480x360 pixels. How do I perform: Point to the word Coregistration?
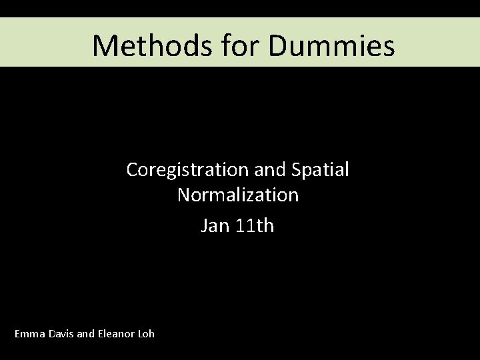click(x=184, y=170)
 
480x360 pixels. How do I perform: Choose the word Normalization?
click(x=238, y=195)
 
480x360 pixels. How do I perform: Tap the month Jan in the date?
click(x=215, y=226)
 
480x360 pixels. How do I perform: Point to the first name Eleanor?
click(x=117, y=333)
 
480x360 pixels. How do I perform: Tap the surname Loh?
click(x=147, y=333)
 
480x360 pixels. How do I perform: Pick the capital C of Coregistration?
click(x=132, y=170)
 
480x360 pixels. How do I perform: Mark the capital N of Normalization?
click(x=183, y=195)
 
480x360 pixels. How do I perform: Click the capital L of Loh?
click(x=141, y=333)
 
